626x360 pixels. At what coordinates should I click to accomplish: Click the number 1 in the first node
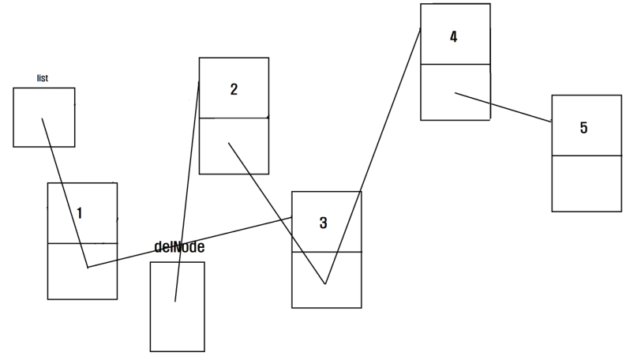pyautogui.click(x=80, y=212)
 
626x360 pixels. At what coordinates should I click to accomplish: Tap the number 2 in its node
pyautogui.click(x=234, y=89)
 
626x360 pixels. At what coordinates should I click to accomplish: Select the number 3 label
pyautogui.click(x=323, y=223)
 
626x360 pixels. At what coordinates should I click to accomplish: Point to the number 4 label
pyautogui.click(x=453, y=36)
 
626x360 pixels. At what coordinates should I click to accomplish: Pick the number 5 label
pyautogui.click(x=583, y=128)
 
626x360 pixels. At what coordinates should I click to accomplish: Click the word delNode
pyautogui.click(x=180, y=247)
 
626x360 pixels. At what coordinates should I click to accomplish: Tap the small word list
pyautogui.click(x=43, y=78)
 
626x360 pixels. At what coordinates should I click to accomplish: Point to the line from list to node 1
pyautogui.click(x=65, y=193)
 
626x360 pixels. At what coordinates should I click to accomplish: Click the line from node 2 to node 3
pyautogui.click(x=276, y=213)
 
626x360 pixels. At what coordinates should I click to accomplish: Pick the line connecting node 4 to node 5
pyautogui.click(x=503, y=107)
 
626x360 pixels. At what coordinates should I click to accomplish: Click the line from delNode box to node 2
pyautogui.click(x=187, y=189)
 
